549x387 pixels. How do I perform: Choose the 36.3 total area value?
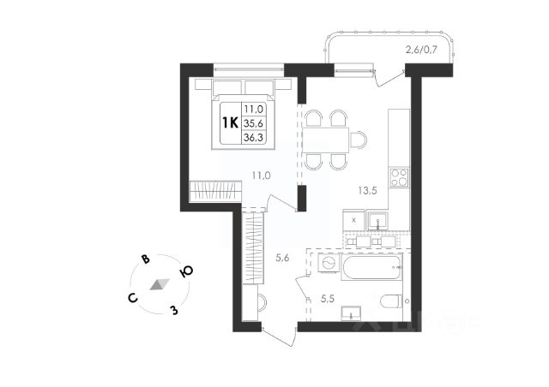pyautogui.click(x=254, y=136)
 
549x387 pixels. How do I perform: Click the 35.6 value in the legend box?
pyautogui.click(x=254, y=122)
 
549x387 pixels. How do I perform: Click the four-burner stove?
pyautogui.click(x=399, y=178)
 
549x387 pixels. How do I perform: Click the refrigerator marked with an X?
pyautogui.click(x=354, y=221)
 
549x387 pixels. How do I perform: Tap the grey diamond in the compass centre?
pyautogui.click(x=159, y=284)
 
